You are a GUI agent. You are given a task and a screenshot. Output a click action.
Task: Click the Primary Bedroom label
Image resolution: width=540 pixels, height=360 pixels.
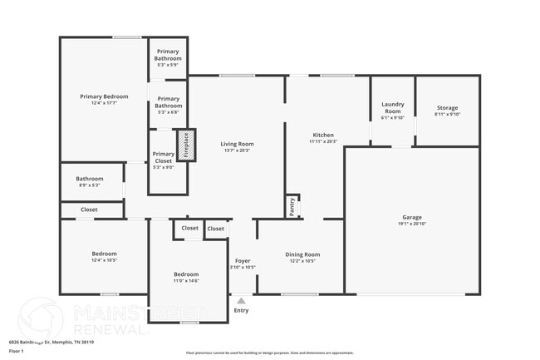click(x=104, y=96)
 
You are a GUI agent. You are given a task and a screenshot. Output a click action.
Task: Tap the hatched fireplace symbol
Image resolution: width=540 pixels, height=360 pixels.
click(x=186, y=145)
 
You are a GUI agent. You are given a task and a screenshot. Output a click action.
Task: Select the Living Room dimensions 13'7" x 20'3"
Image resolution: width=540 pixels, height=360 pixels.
click(x=237, y=150)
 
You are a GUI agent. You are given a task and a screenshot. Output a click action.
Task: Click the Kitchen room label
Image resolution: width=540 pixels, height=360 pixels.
click(x=323, y=135)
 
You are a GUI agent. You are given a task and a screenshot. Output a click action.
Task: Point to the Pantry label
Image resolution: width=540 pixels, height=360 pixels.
click(x=292, y=206)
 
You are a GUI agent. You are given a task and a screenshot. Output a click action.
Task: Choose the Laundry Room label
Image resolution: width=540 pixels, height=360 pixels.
click(x=392, y=107)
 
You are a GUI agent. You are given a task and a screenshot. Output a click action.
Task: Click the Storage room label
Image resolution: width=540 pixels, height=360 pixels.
click(x=447, y=107)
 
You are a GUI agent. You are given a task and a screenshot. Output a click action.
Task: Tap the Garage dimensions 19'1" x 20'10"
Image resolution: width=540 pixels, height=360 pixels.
click(x=411, y=224)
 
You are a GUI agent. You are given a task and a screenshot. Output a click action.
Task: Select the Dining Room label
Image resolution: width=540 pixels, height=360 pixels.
click(x=302, y=254)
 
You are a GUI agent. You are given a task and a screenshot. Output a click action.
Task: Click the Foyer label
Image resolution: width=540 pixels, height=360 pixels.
click(x=242, y=261)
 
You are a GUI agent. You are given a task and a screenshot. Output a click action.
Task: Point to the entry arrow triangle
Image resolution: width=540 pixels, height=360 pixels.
click(x=241, y=300)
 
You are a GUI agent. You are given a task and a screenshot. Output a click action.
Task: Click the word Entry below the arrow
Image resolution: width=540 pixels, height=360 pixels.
click(x=241, y=310)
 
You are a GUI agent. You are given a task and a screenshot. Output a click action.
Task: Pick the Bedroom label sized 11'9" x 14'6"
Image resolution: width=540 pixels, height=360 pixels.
click(x=186, y=274)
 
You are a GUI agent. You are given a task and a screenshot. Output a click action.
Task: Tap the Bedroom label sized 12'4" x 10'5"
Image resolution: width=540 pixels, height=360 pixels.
click(x=104, y=254)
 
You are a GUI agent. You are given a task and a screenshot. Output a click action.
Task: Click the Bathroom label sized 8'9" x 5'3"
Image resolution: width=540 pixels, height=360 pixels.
click(x=90, y=179)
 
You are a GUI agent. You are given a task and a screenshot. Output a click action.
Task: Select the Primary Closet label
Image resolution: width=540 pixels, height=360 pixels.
click(x=164, y=157)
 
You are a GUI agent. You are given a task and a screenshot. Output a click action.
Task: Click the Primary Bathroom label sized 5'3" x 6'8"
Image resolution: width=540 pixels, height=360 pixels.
click(x=168, y=102)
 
